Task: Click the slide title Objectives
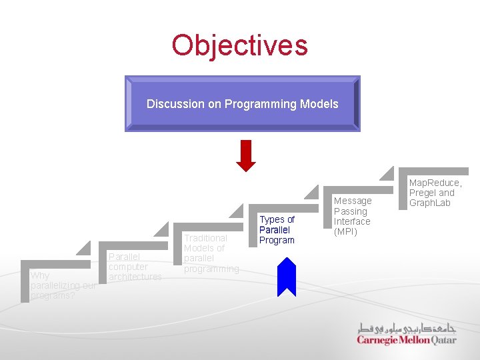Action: tap(239, 45)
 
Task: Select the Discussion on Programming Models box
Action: tap(242, 103)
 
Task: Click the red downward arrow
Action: tap(246, 156)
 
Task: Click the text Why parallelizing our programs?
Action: tap(63, 285)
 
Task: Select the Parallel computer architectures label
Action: tap(135, 267)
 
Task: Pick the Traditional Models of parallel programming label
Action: tap(211, 253)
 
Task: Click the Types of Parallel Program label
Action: tap(277, 230)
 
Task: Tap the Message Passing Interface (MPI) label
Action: tap(352, 216)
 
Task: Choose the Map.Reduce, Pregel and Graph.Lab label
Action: tap(435, 193)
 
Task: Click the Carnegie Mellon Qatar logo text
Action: tap(406, 340)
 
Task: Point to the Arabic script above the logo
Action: tap(407, 328)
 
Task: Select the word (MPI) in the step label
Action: tap(345, 232)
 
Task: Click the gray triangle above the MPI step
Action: tap(387, 173)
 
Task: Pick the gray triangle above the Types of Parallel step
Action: tap(311, 193)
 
